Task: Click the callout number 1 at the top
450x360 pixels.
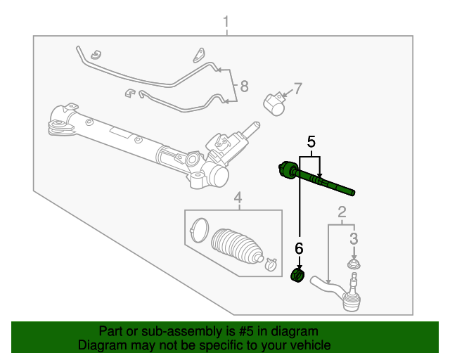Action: (226, 23)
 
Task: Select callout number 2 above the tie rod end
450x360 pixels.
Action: (342, 212)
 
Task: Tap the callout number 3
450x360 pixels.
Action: (354, 238)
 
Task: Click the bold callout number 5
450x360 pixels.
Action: (310, 142)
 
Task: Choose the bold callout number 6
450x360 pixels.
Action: (300, 247)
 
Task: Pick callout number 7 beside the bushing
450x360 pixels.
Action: (297, 89)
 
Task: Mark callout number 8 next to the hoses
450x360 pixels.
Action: (244, 86)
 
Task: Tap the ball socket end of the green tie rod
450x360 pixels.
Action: (287, 170)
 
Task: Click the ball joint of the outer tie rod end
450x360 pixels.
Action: (351, 299)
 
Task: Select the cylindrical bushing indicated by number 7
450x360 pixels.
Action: (275, 104)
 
